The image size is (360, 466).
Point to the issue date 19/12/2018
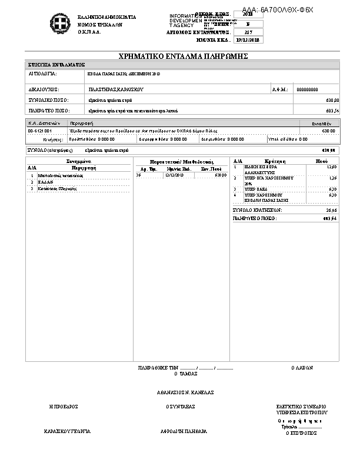247,40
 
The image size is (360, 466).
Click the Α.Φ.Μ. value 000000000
307,89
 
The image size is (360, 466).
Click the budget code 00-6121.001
40,131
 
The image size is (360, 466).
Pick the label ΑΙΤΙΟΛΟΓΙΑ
42,74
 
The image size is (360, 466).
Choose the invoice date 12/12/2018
175,175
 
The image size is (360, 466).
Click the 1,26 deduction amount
332,178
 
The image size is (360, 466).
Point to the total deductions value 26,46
331,209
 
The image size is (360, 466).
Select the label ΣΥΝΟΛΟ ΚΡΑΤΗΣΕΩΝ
258,209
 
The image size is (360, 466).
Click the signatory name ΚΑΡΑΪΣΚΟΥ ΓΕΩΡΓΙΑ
67,431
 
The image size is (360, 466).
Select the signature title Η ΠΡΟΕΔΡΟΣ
64,407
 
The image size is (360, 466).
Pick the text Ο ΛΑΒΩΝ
302,367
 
